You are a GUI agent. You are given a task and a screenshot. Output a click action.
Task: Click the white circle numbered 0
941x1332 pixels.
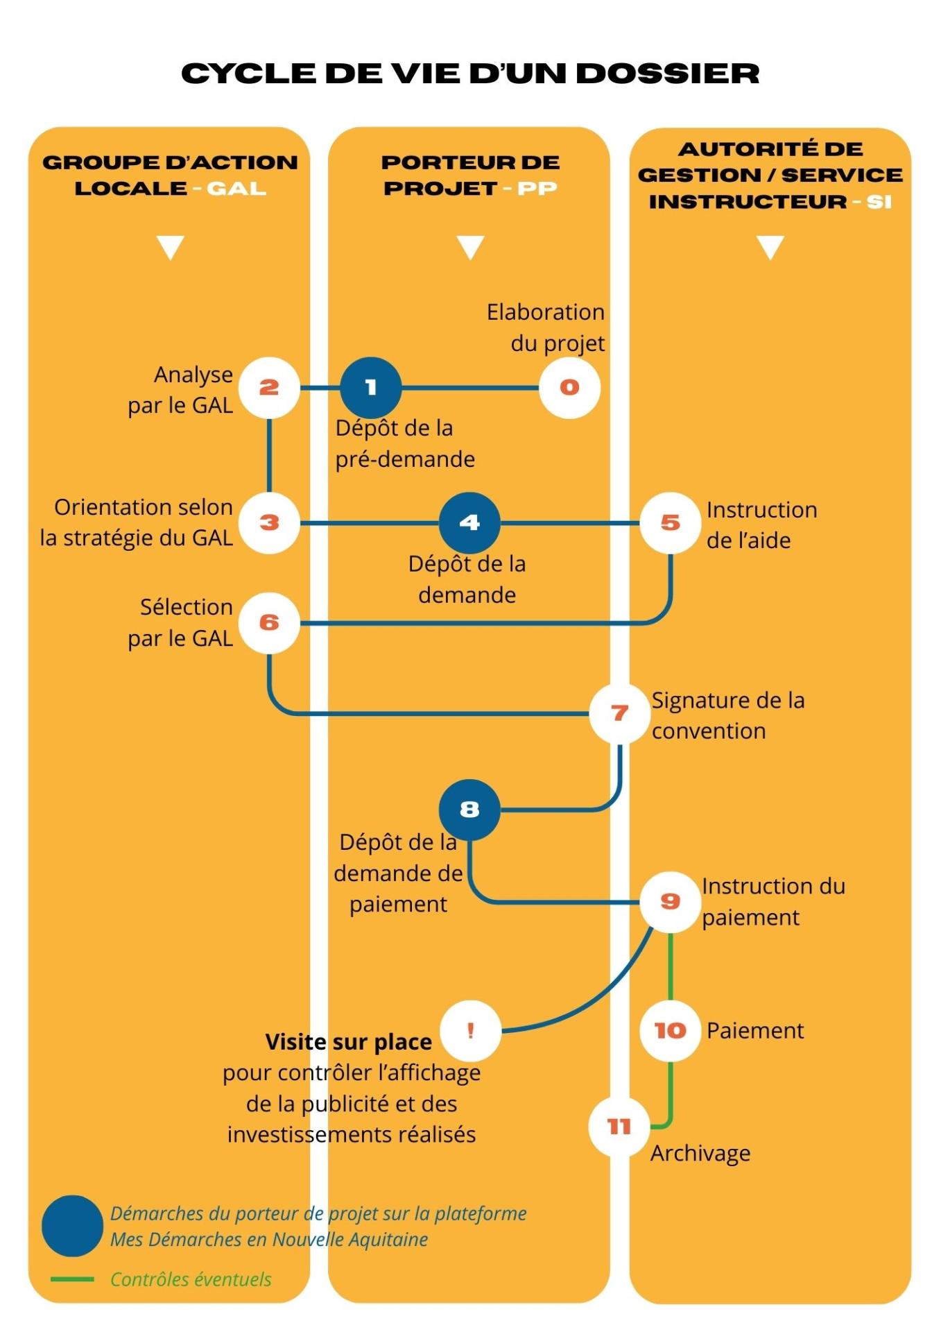tap(569, 388)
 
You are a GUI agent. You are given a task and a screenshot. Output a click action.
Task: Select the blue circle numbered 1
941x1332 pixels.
tap(371, 388)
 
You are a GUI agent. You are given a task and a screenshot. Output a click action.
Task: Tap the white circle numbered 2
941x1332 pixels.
tap(269, 388)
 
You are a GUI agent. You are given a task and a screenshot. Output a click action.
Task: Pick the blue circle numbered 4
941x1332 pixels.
tap(469, 523)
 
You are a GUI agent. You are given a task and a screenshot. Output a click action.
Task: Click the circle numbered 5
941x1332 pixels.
tap(670, 523)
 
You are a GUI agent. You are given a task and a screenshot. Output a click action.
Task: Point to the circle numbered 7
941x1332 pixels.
tap(619, 713)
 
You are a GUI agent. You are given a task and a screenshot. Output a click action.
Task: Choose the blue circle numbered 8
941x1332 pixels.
tap(469, 810)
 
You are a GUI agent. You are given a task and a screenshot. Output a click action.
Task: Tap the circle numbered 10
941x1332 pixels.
tap(670, 1031)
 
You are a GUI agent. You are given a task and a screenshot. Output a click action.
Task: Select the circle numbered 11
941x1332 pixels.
tap(619, 1127)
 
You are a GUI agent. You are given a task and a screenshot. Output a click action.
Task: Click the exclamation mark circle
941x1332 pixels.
tap(470, 1031)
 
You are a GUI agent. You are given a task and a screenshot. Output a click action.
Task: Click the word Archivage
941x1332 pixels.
tap(700, 1154)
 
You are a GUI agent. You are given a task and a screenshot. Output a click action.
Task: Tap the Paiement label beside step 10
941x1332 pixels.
tap(755, 1031)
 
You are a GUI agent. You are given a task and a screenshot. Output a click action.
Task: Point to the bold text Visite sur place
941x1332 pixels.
tap(348, 1042)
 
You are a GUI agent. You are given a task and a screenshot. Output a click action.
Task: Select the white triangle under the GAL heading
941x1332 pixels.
tap(171, 247)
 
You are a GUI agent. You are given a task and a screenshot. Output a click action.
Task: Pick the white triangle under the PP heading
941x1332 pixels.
tap(470, 247)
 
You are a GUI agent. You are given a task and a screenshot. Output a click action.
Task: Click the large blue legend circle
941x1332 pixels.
tap(72, 1226)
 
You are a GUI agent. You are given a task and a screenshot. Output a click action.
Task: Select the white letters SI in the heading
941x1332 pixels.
tap(879, 202)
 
